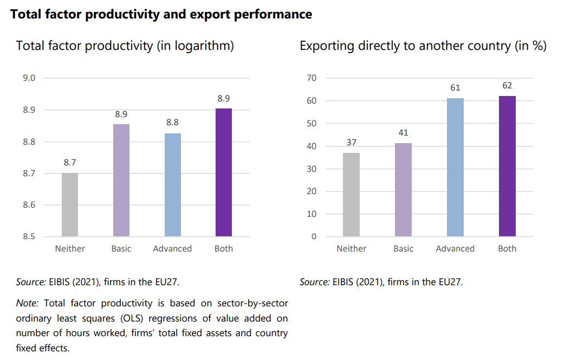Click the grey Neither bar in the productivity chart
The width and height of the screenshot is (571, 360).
coord(70,204)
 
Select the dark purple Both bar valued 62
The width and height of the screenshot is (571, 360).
coord(507,166)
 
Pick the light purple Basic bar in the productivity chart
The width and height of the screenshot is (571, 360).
coord(121,180)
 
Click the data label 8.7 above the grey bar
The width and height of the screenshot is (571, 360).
coord(70,163)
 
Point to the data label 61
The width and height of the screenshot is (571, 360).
coord(455,88)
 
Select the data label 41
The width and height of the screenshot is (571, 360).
coord(403,133)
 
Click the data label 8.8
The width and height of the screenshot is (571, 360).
coord(173,123)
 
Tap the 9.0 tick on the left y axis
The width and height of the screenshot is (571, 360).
coord(29,78)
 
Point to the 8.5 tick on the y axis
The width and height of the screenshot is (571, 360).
coord(29,237)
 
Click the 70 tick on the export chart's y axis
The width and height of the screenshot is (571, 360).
coord(312,78)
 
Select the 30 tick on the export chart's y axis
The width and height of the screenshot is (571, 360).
coord(312,169)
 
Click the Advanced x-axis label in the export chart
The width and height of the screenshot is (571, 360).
coord(455,249)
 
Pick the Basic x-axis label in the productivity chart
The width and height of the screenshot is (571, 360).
coord(121,249)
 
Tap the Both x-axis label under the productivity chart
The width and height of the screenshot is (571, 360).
coord(224,249)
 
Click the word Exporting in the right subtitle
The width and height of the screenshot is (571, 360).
coord(327,46)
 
